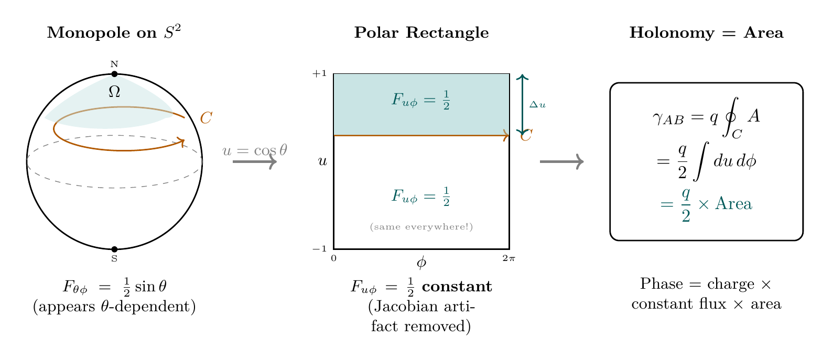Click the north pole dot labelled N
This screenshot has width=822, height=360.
(114, 74)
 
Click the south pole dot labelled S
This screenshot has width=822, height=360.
(114, 249)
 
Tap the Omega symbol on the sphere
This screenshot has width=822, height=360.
(114, 92)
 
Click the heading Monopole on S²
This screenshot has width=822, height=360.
(114, 34)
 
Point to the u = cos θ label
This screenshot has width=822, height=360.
(255, 150)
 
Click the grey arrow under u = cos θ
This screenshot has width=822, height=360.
(254, 162)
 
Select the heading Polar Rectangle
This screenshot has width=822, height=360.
(421, 34)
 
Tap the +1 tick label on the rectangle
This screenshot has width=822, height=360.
(319, 74)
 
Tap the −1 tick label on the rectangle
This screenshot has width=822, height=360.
(319, 249)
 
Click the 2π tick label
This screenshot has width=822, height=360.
(509, 257)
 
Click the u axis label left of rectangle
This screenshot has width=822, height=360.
(322, 161)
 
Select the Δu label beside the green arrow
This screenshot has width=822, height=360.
(537, 105)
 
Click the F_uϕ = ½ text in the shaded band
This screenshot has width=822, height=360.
(421, 100)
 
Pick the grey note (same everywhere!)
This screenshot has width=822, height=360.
(421, 227)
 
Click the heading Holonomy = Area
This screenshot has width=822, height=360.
(706, 34)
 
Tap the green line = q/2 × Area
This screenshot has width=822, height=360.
(706, 204)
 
